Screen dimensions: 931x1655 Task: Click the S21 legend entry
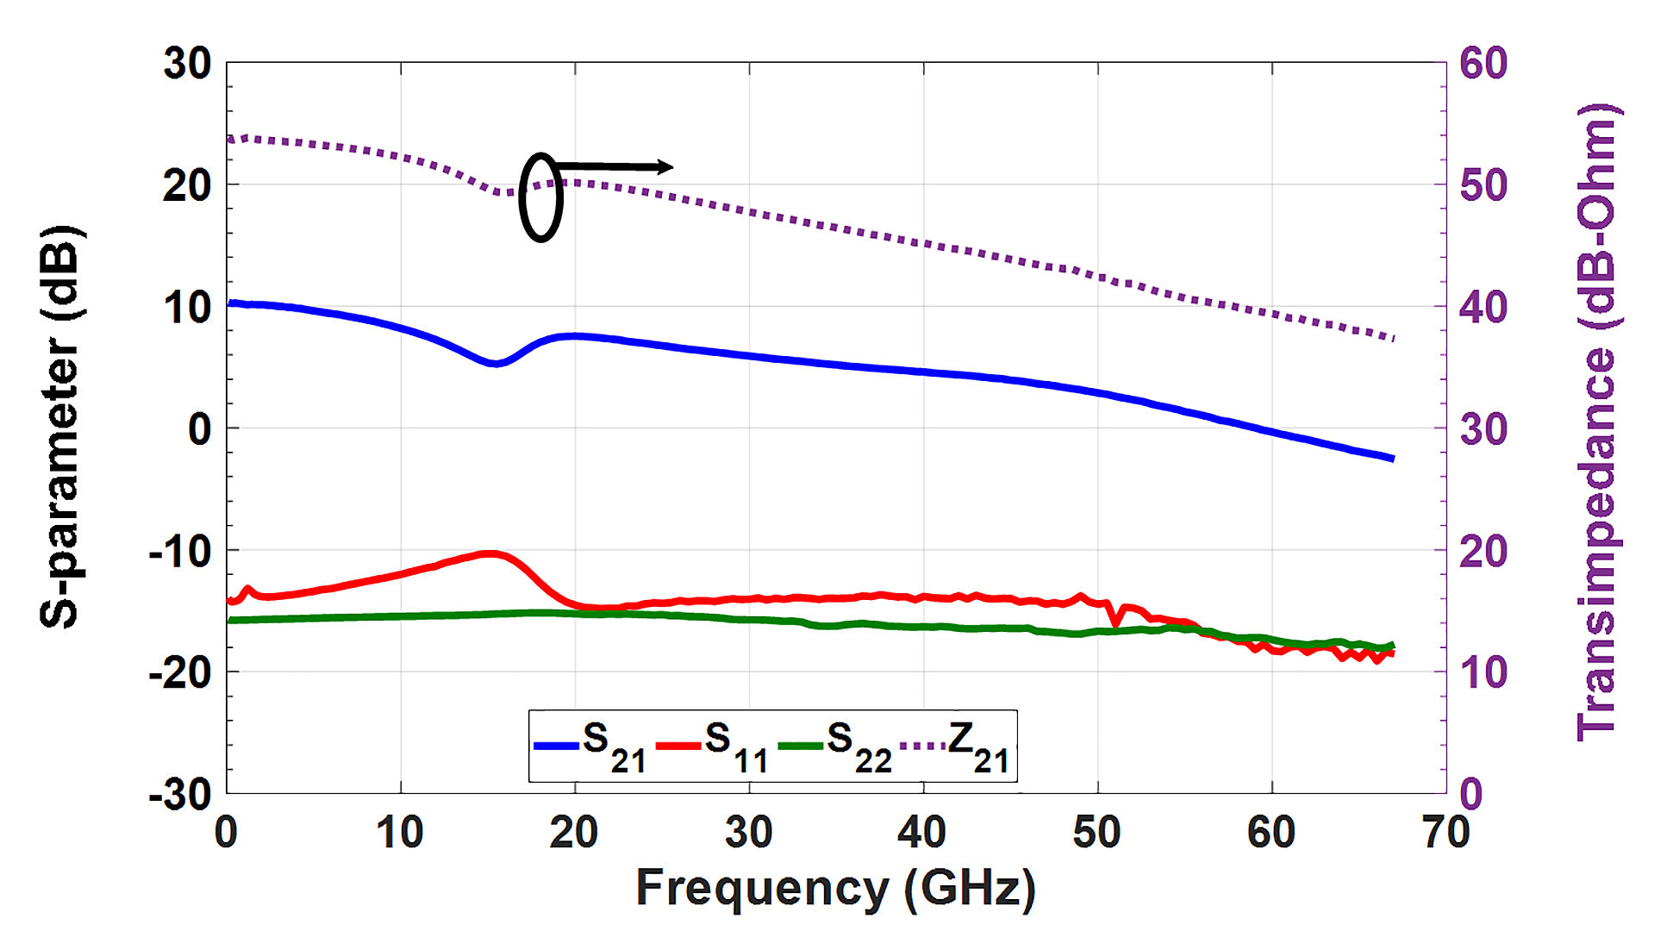[591, 747]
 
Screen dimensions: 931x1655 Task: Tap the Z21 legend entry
[957, 747]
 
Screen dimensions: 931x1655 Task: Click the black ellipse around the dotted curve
[540, 197]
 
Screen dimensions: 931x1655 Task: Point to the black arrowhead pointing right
[665, 166]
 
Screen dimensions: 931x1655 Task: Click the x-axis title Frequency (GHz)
[834, 888]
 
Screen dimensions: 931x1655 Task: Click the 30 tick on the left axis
[187, 64]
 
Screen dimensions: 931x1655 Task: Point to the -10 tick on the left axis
[180, 551]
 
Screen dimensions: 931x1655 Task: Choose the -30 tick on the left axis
[180, 794]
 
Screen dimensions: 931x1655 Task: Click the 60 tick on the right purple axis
[1483, 64]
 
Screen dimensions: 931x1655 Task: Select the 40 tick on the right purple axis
[1483, 308]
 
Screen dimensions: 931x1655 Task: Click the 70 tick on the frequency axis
[1446, 833]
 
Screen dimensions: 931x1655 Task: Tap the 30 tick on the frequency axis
[748, 833]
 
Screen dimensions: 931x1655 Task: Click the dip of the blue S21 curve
[495, 364]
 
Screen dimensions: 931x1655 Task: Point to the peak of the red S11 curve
[490, 553]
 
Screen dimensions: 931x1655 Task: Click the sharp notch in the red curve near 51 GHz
[1116, 622]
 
